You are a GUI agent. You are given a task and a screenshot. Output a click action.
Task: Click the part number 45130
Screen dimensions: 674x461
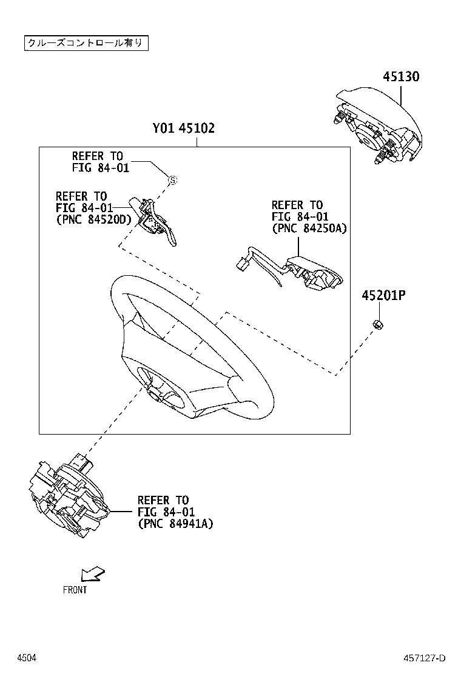[401, 77]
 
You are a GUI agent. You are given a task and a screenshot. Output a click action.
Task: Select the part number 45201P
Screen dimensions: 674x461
[383, 296]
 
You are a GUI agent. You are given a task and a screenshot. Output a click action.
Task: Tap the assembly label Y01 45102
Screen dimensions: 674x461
[183, 128]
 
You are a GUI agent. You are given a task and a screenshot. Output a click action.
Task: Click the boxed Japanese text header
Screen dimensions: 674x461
[86, 43]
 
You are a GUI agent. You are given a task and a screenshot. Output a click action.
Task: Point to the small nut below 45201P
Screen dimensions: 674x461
[377, 325]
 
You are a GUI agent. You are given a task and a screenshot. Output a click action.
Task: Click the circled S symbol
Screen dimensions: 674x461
[172, 180]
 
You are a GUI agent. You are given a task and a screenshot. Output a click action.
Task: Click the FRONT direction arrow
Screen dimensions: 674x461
[93, 573]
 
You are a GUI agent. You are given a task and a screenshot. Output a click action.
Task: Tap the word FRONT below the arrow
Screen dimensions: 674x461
[75, 590]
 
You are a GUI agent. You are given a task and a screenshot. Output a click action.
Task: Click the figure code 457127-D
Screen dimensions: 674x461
[425, 658]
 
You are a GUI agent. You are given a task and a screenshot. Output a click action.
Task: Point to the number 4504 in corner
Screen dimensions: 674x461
[25, 658]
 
